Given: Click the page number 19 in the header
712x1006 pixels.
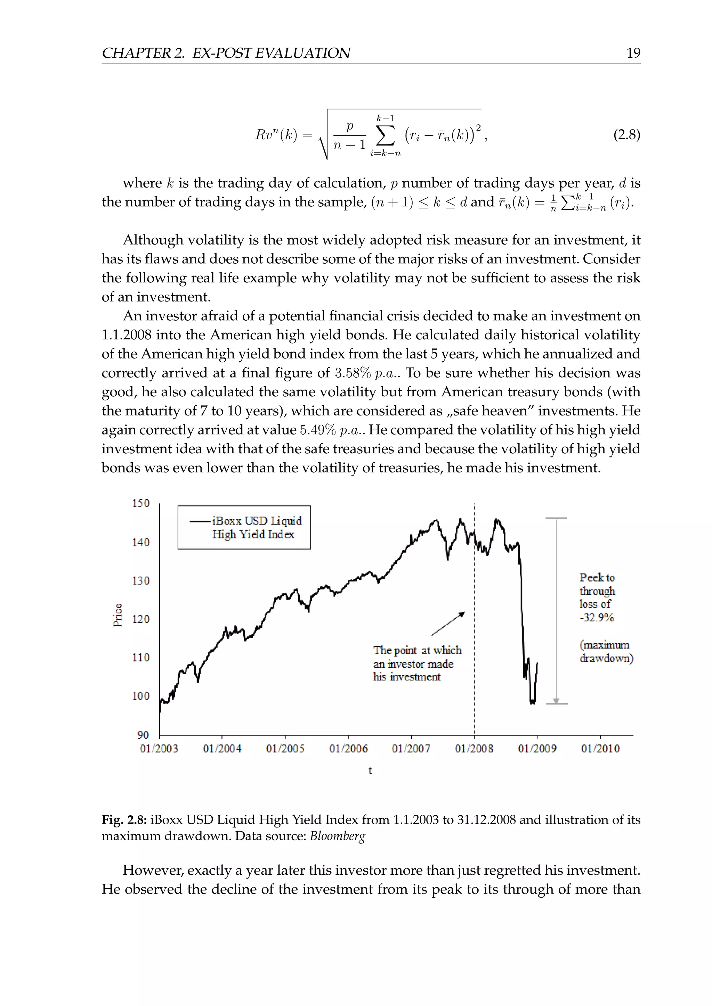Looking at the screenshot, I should point(633,53).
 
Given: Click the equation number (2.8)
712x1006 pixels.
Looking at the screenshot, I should point(626,134).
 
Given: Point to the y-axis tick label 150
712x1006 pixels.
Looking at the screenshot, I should point(141,503).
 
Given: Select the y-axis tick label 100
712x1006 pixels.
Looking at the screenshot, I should point(141,696).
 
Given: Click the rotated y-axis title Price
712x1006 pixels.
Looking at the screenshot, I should point(118,615).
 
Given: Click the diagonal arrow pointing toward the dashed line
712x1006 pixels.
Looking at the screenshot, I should point(448,623).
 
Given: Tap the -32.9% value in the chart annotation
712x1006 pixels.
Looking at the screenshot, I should point(597,618).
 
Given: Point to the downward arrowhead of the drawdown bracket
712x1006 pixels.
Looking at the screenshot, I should point(556,701).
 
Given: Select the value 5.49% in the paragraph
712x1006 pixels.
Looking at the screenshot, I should point(318,430).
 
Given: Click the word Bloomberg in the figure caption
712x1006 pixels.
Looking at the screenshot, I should point(337,836).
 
